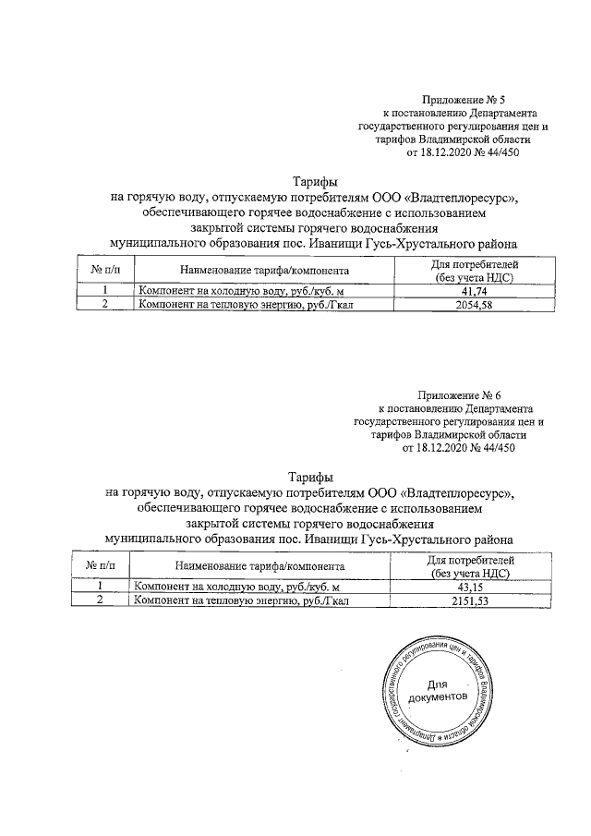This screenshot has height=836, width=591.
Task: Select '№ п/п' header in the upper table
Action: (x=107, y=272)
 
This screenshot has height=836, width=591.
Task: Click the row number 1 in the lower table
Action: (x=102, y=587)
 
